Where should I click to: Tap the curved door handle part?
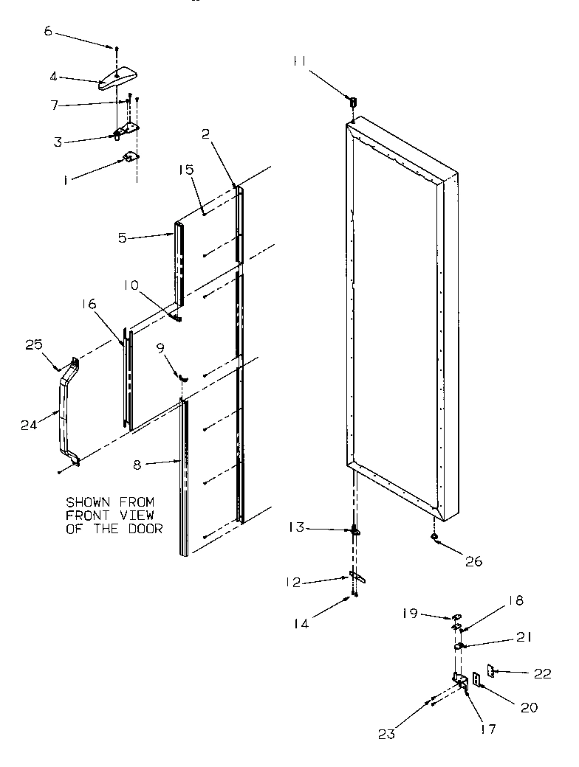point(64,413)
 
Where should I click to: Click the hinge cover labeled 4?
point(117,77)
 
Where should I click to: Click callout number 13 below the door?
point(296,529)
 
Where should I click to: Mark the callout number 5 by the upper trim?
point(123,237)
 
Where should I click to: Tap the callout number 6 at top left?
point(49,32)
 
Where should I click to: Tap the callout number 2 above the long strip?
point(206,133)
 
